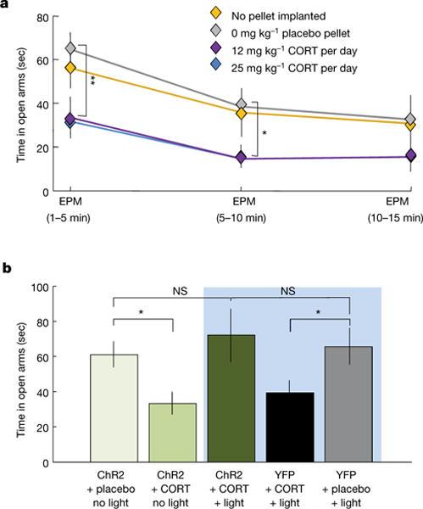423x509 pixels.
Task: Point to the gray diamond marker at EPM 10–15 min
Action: (411, 120)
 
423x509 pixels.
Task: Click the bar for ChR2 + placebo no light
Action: (114, 408)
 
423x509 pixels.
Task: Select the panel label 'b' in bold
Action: (6, 268)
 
